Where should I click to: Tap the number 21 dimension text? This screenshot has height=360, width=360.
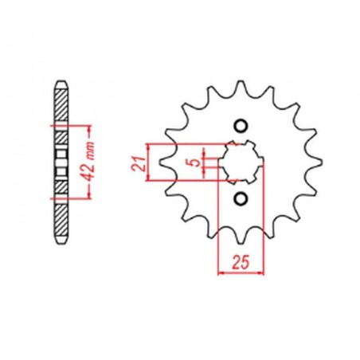136,164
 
